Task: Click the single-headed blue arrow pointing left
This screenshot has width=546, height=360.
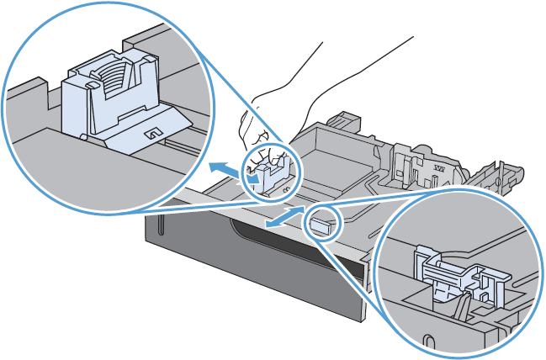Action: point(224,164)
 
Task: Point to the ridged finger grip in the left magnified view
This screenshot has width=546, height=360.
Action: point(109,77)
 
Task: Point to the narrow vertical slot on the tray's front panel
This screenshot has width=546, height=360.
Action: point(157,224)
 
